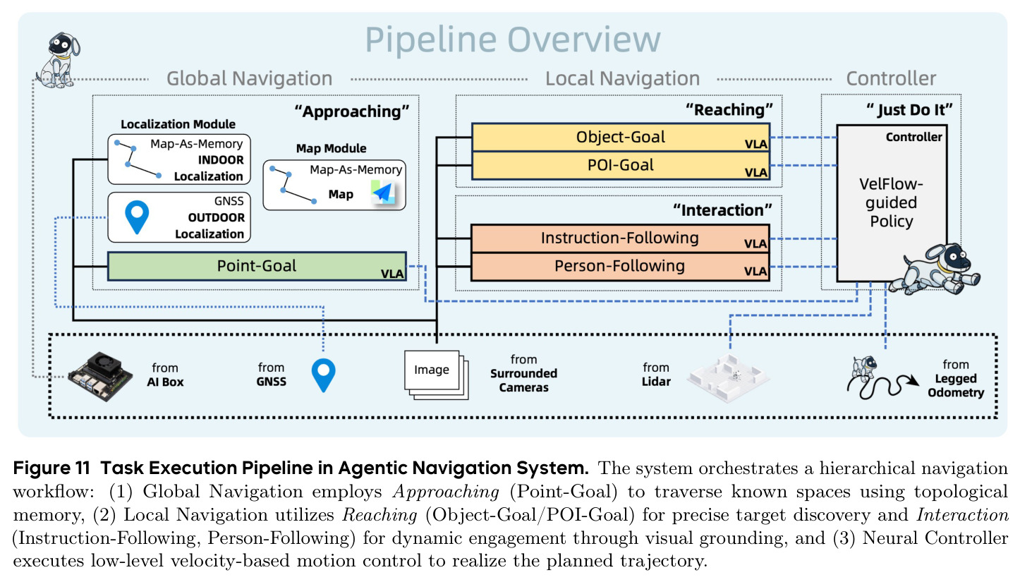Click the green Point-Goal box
[257, 266]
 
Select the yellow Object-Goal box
[621, 137]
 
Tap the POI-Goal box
[621, 165]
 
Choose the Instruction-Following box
[620, 238]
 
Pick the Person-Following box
[620, 267]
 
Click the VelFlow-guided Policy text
[891, 202]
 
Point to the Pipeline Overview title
[513, 40]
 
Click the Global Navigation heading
[250, 78]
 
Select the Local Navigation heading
[622, 78]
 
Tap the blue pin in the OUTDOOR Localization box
[137, 217]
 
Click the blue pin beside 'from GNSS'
[323, 375]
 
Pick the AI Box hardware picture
[100, 376]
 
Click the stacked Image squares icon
[436, 375]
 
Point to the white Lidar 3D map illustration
[728, 378]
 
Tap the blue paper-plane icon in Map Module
[382, 192]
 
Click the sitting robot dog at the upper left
[58, 60]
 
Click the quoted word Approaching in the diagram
[351, 111]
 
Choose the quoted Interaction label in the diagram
[722, 210]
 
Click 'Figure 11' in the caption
[51, 468]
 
